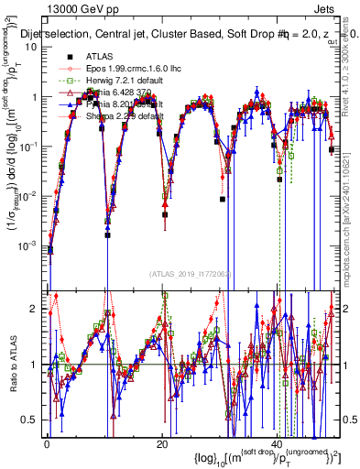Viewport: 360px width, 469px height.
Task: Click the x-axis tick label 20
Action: pos(162,445)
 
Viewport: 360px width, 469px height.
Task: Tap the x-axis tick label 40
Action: pos(278,445)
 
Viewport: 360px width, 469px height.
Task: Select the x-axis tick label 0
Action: pos(47,445)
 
